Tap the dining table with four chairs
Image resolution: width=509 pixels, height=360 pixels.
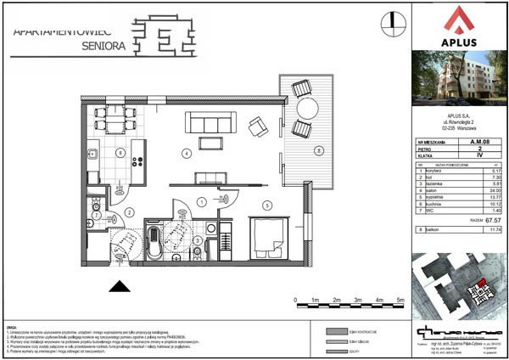[112, 117]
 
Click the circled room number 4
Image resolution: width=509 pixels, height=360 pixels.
[187, 154]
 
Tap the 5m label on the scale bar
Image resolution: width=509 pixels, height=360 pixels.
[401, 301]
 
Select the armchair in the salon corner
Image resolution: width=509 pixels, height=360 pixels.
[257, 127]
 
